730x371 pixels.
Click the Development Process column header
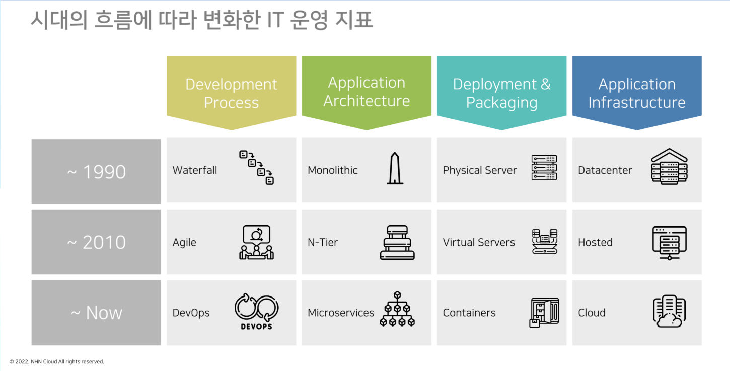pos(232,93)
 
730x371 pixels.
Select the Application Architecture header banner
pos(367,93)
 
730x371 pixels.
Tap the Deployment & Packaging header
pos(502,93)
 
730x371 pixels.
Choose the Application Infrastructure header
pos(637,93)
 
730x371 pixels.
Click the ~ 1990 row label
pos(96,172)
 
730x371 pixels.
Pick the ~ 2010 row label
pos(96,242)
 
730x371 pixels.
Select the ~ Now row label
pos(96,313)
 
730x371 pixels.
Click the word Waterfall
pos(194,170)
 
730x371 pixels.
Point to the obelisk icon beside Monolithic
pos(395,168)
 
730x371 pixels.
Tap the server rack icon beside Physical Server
pos(544,168)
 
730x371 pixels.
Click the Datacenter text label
pos(605,170)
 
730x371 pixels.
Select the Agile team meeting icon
pos(256,242)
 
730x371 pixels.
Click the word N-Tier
pos(323,242)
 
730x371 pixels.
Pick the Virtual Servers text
pos(479,242)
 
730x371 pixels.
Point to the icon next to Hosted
pos(670,243)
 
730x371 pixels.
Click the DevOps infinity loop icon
pos(256,312)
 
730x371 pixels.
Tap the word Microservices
pos(340,313)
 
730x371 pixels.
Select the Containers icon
pos(544,313)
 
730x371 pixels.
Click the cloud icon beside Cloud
pos(670,312)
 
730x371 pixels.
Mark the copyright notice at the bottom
pos(57,361)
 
